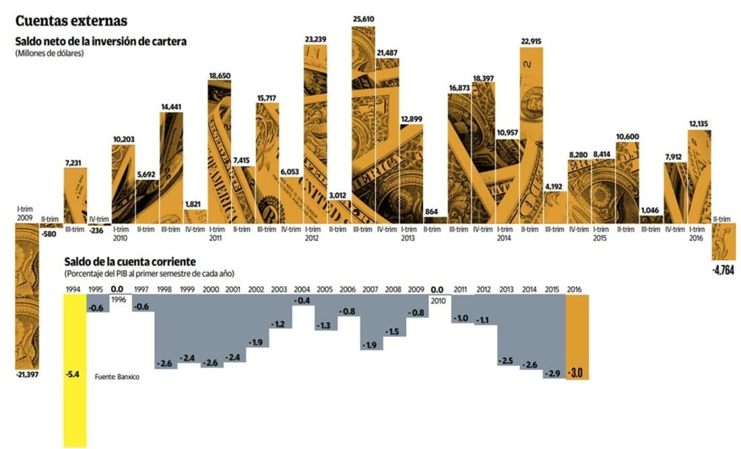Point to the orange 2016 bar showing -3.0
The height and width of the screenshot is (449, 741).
tap(577, 337)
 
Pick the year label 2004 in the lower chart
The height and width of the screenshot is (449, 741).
tap(302, 289)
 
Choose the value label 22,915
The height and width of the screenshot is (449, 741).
tap(531, 41)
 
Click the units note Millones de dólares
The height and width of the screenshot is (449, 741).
tap(49, 53)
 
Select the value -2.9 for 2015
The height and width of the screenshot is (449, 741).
tap(554, 373)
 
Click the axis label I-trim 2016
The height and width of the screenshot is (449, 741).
tap(699, 233)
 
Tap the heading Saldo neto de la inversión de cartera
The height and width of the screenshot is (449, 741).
tap(100, 42)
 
